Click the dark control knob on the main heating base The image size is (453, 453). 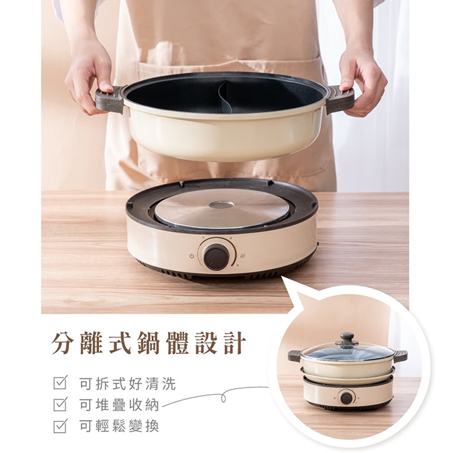click(x=216, y=257)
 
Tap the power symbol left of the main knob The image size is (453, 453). click(x=191, y=256)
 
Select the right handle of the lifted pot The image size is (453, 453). click(x=340, y=99)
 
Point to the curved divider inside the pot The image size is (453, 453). click(x=222, y=98)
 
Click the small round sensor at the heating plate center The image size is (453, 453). click(x=222, y=205)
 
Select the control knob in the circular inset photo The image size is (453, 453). click(x=346, y=398)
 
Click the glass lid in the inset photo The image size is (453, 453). click(x=347, y=351)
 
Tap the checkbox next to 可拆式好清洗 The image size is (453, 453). click(x=60, y=383)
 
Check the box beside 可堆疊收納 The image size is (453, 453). click(x=60, y=404)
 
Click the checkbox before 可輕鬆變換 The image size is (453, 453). click(x=60, y=426)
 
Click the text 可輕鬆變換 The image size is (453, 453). click(x=119, y=426)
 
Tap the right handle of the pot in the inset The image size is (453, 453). click(x=401, y=355)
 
